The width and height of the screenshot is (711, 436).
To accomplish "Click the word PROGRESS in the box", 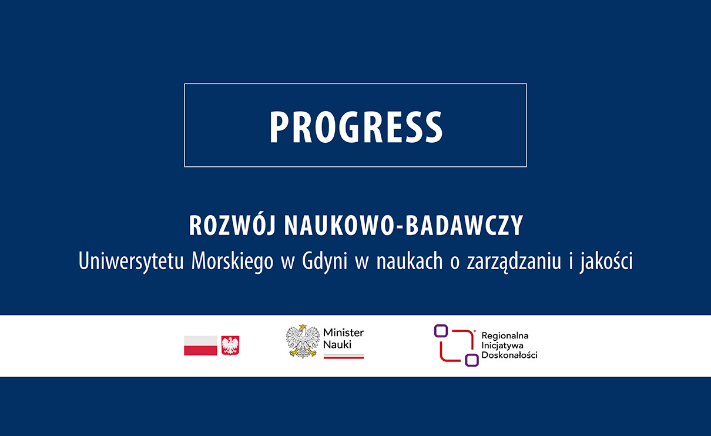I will point(355,127).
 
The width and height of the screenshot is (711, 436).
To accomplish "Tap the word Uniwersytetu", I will point(131,261).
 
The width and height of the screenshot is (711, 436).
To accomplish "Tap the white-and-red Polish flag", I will point(200,346).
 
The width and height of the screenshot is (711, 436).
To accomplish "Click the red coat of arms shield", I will point(230,346).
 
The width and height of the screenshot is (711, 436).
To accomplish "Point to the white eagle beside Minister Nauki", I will point(303,341).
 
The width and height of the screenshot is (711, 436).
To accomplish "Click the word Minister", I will point(343,333).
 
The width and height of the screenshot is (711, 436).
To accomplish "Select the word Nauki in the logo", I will point(337,344).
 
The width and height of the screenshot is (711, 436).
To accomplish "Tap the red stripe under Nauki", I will point(343,357).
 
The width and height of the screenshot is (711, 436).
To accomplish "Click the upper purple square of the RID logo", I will point(441,331).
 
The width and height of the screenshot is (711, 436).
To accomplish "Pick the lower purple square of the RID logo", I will point(471,360).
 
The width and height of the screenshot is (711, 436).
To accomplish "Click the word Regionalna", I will point(505,336).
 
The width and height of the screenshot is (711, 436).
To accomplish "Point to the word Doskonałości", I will point(509,355).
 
